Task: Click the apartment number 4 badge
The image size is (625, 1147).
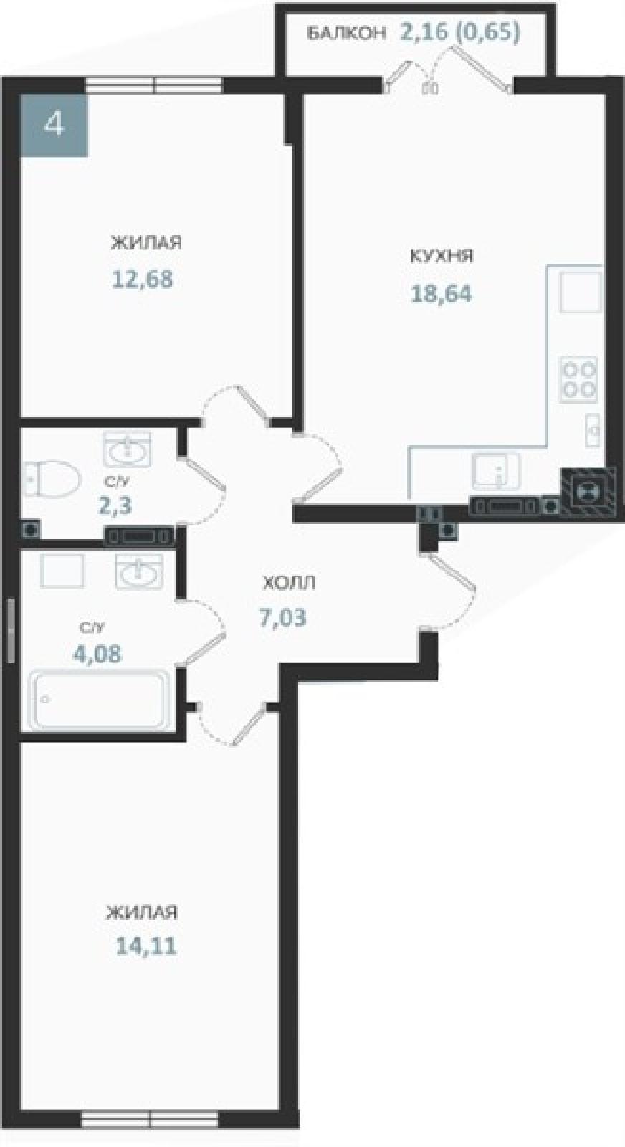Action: [54, 125]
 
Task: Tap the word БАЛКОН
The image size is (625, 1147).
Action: [346, 33]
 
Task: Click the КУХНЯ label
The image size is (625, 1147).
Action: [442, 255]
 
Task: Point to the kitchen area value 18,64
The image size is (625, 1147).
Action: [442, 293]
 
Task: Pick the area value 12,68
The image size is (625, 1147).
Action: [143, 280]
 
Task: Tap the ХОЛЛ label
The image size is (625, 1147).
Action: [289, 583]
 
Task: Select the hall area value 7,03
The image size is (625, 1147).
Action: [282, 617]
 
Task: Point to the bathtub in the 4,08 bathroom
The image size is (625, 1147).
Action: [101, 700]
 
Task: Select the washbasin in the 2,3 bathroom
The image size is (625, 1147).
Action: [128, 449]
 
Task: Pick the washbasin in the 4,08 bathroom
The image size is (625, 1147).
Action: [139, 571]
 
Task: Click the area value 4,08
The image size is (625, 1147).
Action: [97, 653]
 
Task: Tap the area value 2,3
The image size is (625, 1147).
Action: [115, 506]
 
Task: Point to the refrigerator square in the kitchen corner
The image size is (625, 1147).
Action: [581, 292]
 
